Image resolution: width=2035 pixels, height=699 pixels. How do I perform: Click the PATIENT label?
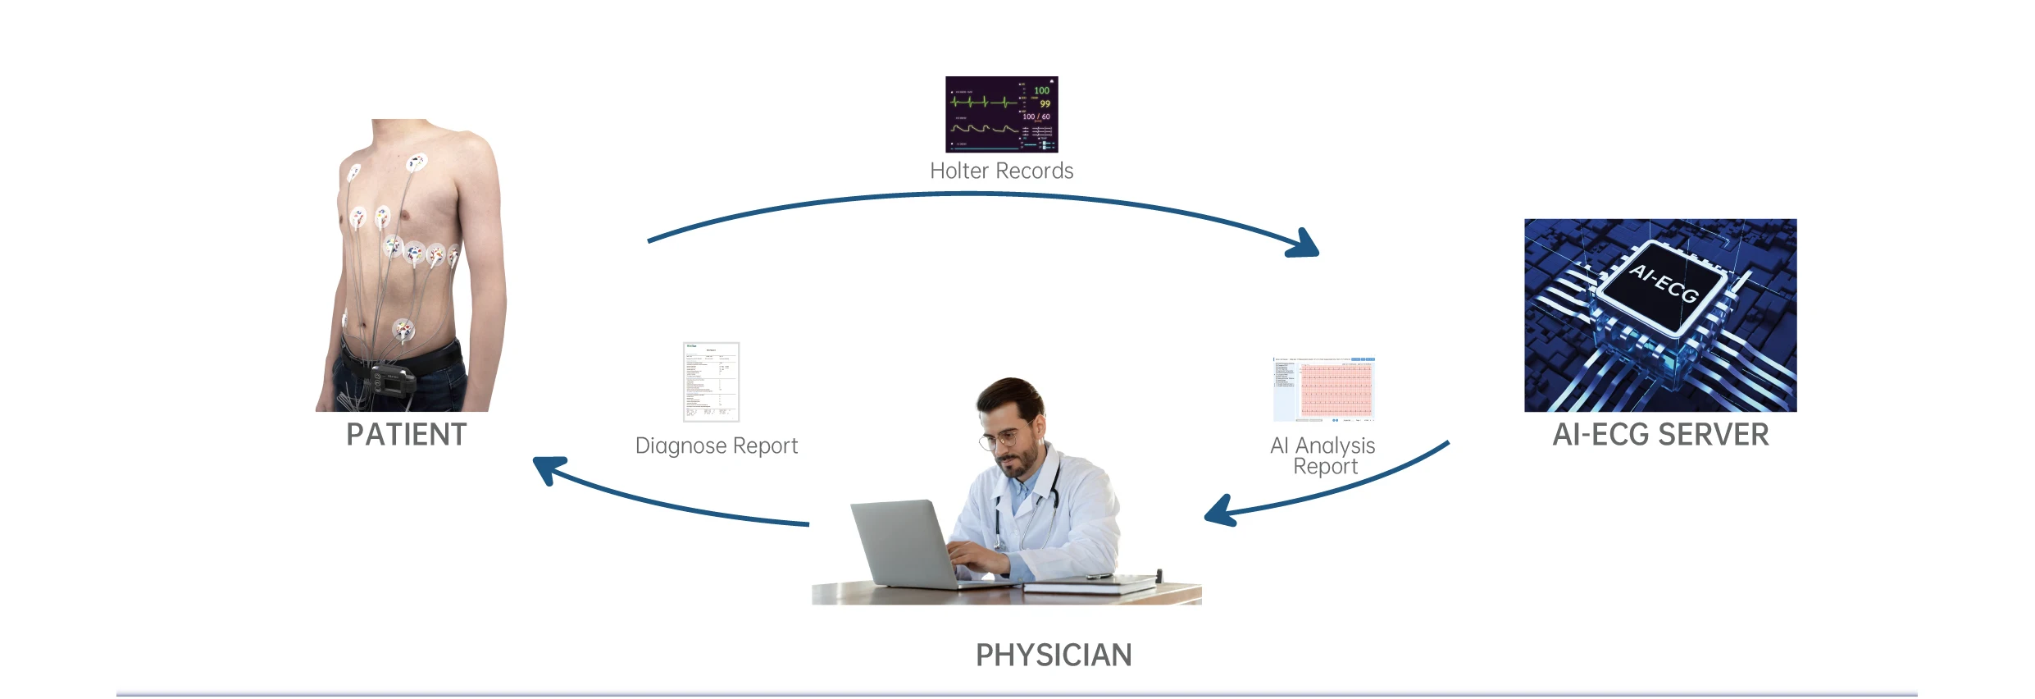coord(406,435)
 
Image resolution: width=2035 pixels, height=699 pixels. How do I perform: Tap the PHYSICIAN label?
coord(1053,656)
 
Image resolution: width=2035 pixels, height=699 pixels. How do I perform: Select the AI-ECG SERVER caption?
coord(1660,435)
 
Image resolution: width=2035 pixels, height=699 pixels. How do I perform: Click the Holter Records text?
coord(1001,171)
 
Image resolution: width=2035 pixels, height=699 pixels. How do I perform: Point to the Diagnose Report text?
coord(716,445)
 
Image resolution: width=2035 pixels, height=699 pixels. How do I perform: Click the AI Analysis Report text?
coord(1323,455)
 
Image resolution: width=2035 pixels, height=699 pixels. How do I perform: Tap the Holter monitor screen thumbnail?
coord(1001,114)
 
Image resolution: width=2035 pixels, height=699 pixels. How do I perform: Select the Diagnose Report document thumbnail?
coord(711,381)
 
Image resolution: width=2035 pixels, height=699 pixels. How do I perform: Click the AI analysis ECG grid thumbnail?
coord(1323,389)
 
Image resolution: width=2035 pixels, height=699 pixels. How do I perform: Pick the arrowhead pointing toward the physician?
coord(1219,512)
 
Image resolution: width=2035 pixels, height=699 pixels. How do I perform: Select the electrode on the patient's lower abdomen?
coord(403,330)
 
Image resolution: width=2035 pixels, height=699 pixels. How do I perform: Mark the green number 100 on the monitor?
coord(1041,90)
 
